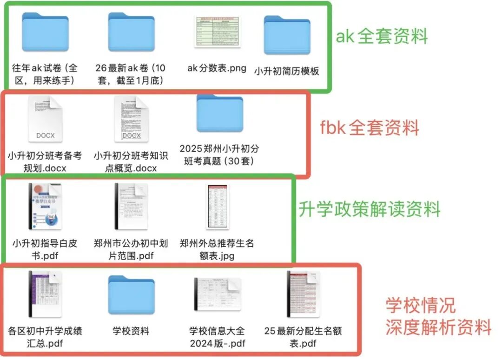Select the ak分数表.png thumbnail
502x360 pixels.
click(x=217, y=31)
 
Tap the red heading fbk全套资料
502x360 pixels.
click(x=370, y=127)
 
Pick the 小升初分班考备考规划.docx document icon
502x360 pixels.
click(x=45, y=119)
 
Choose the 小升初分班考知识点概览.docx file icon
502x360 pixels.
click(x=131, y=119)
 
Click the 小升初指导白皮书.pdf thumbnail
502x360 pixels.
click(x=45, y=207)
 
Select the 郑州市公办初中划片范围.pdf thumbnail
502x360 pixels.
click(x=131, y=207)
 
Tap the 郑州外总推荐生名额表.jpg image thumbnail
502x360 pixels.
click(x=217, y=207)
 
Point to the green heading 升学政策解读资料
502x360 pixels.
click(x=369, y=209)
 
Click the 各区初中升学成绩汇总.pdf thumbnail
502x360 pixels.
click(x=45, y=294)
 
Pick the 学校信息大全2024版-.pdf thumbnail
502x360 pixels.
click(x=217, y=294)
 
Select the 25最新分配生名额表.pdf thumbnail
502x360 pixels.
click(x=303, y=294)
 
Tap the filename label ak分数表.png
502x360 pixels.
click(x=217, y=68)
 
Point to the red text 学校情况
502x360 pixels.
click(x=421, y=305)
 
